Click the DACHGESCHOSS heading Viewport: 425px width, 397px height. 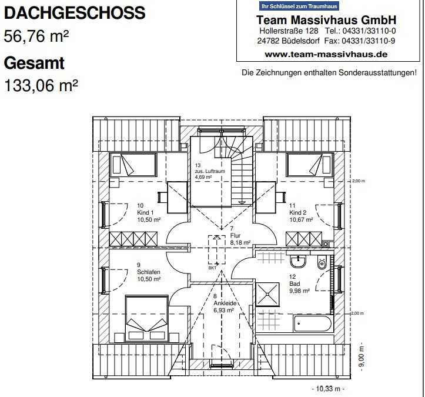tap(75, 13)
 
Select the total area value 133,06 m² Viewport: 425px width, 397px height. tap(41, 85)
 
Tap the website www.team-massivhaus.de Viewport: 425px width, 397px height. tap(326, 54)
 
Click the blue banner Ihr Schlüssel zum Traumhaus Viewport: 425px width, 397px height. tap(299, 6)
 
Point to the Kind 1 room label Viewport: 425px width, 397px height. tap(145, 212)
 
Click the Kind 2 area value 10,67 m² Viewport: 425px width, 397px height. tap(301, 219)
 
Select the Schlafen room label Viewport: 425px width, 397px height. tap(149, 272)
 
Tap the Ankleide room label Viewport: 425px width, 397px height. tap(225, 303)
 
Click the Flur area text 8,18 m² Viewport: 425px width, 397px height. tap(240, 242)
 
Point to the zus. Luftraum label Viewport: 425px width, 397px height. tap(210, 171)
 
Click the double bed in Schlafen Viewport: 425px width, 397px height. tap(146, 319)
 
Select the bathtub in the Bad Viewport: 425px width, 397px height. tap(313, 323)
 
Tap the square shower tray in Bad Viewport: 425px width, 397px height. tap(267, 293)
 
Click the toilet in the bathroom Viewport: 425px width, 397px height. tap(322, 262)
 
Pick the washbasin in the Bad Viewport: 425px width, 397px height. tap(298, 261)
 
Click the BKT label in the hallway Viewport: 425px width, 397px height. tap(213, 268)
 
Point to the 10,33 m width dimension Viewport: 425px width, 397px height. tap(328, 389)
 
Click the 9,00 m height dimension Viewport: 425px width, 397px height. tap(362, 358)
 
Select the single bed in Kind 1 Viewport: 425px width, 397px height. tap(133, 165)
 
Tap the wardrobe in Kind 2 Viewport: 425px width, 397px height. tap(304, 239)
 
